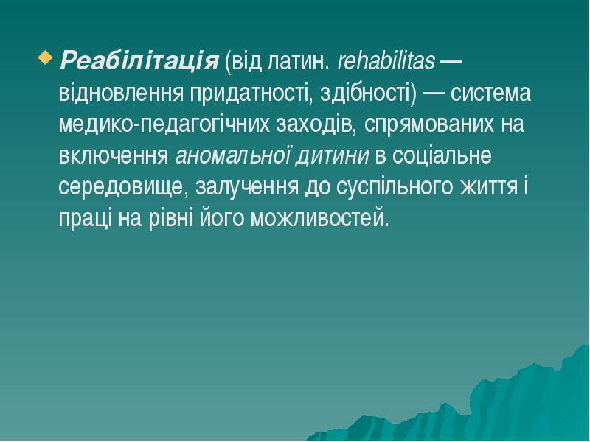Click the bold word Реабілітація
coord(139,60)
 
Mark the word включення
coord(114,156)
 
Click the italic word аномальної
coord(231,156)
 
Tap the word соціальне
coord(439,156)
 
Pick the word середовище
coord(123,187)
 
